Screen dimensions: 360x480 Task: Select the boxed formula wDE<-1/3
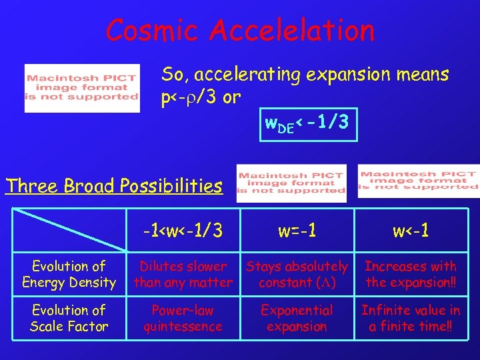point(309,124)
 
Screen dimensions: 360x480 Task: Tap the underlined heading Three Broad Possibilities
point(113,185)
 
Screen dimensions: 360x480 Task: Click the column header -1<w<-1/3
point(183,231)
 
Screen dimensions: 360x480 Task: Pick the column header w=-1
point(297,231)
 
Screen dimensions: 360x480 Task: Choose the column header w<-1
point(411,231)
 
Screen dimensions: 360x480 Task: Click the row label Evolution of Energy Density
point(69,274)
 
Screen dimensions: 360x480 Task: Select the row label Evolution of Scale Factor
point(69,318)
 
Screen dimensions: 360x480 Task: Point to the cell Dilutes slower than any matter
point(183,274)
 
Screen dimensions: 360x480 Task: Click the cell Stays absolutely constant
point(297,274)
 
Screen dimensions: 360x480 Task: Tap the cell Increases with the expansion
point(411,274)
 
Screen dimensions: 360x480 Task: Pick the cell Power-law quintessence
point(183,318)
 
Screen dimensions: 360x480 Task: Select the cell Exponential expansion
point(297,318)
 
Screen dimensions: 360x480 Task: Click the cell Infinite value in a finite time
point(411,318)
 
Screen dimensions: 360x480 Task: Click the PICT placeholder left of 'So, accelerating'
point(82,87)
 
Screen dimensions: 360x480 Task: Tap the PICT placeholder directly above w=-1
point(291,183)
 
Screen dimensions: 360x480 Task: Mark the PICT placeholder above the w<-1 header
point(418,181)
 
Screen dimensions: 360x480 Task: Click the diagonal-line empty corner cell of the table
point(69,231)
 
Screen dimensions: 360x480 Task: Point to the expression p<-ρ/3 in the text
point(191,98)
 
